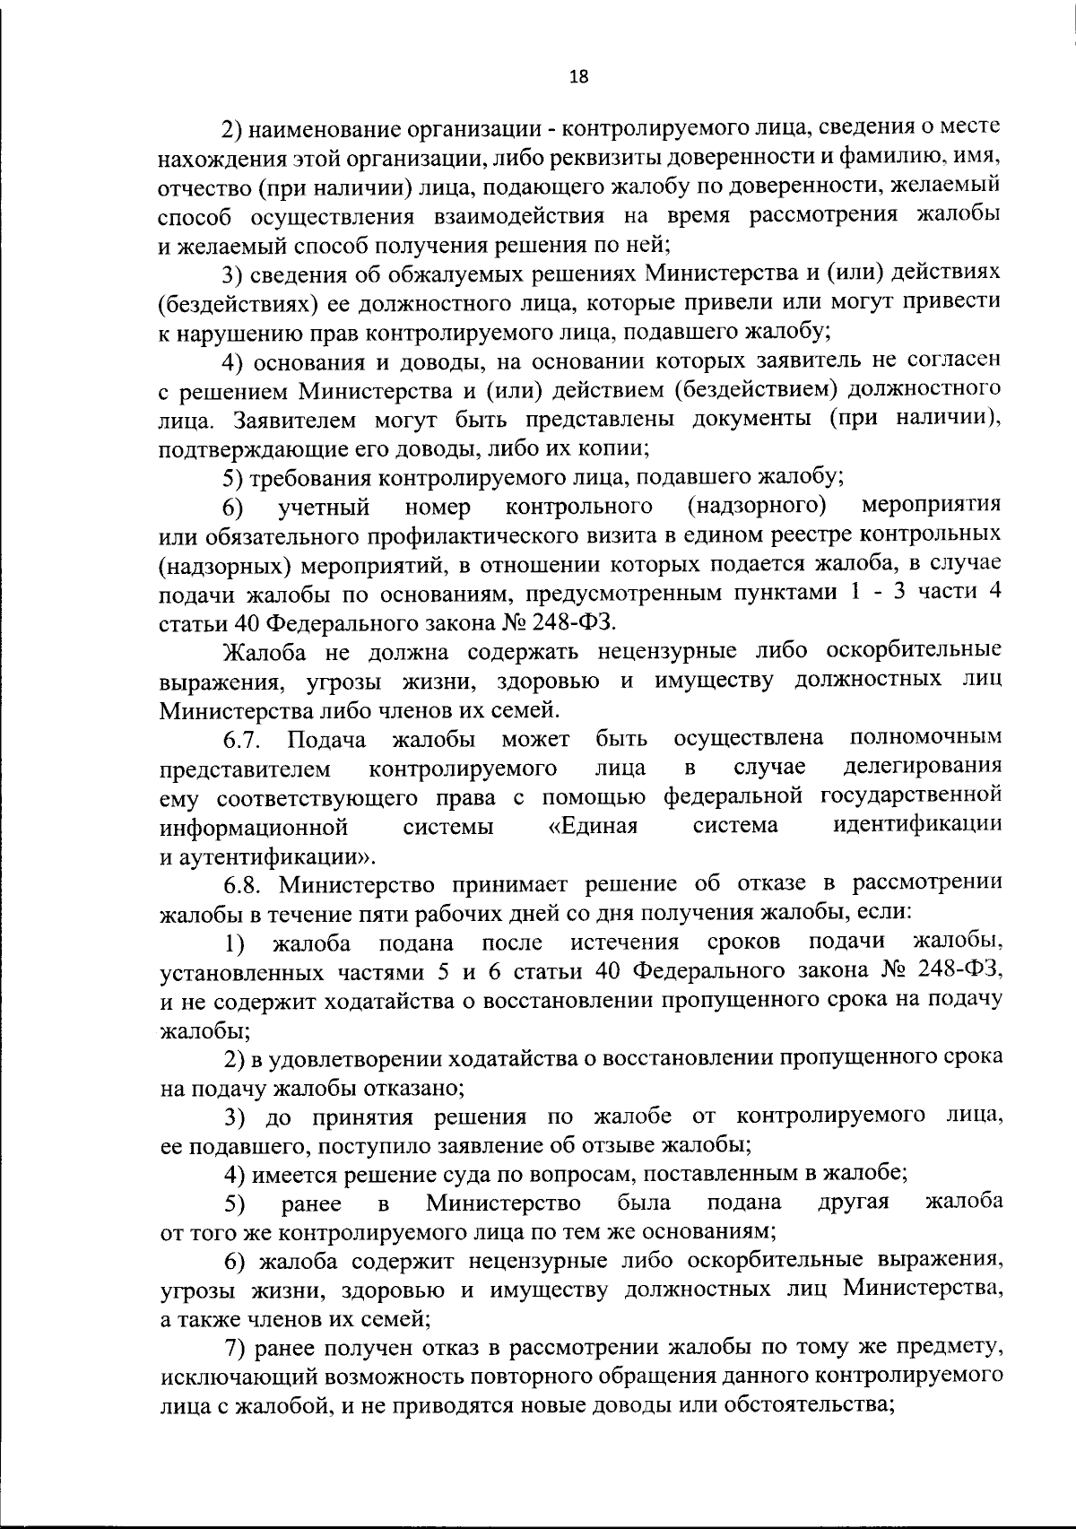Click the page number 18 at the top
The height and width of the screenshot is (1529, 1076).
[579, 77]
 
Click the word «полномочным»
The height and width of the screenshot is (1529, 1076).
[924, 739]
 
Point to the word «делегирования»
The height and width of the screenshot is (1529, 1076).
[924, 768]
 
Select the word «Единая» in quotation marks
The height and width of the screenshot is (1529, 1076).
[593, 825]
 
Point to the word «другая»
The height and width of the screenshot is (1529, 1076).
[853, 1202]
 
